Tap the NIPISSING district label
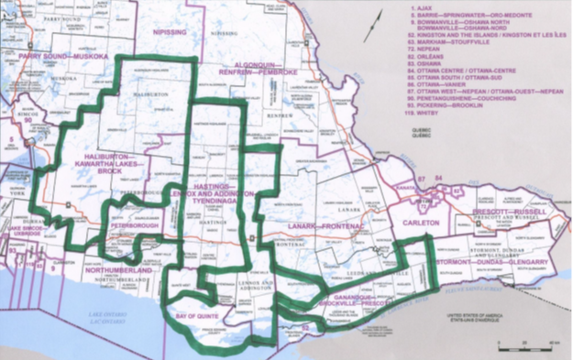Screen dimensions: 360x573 click(168, 30)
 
